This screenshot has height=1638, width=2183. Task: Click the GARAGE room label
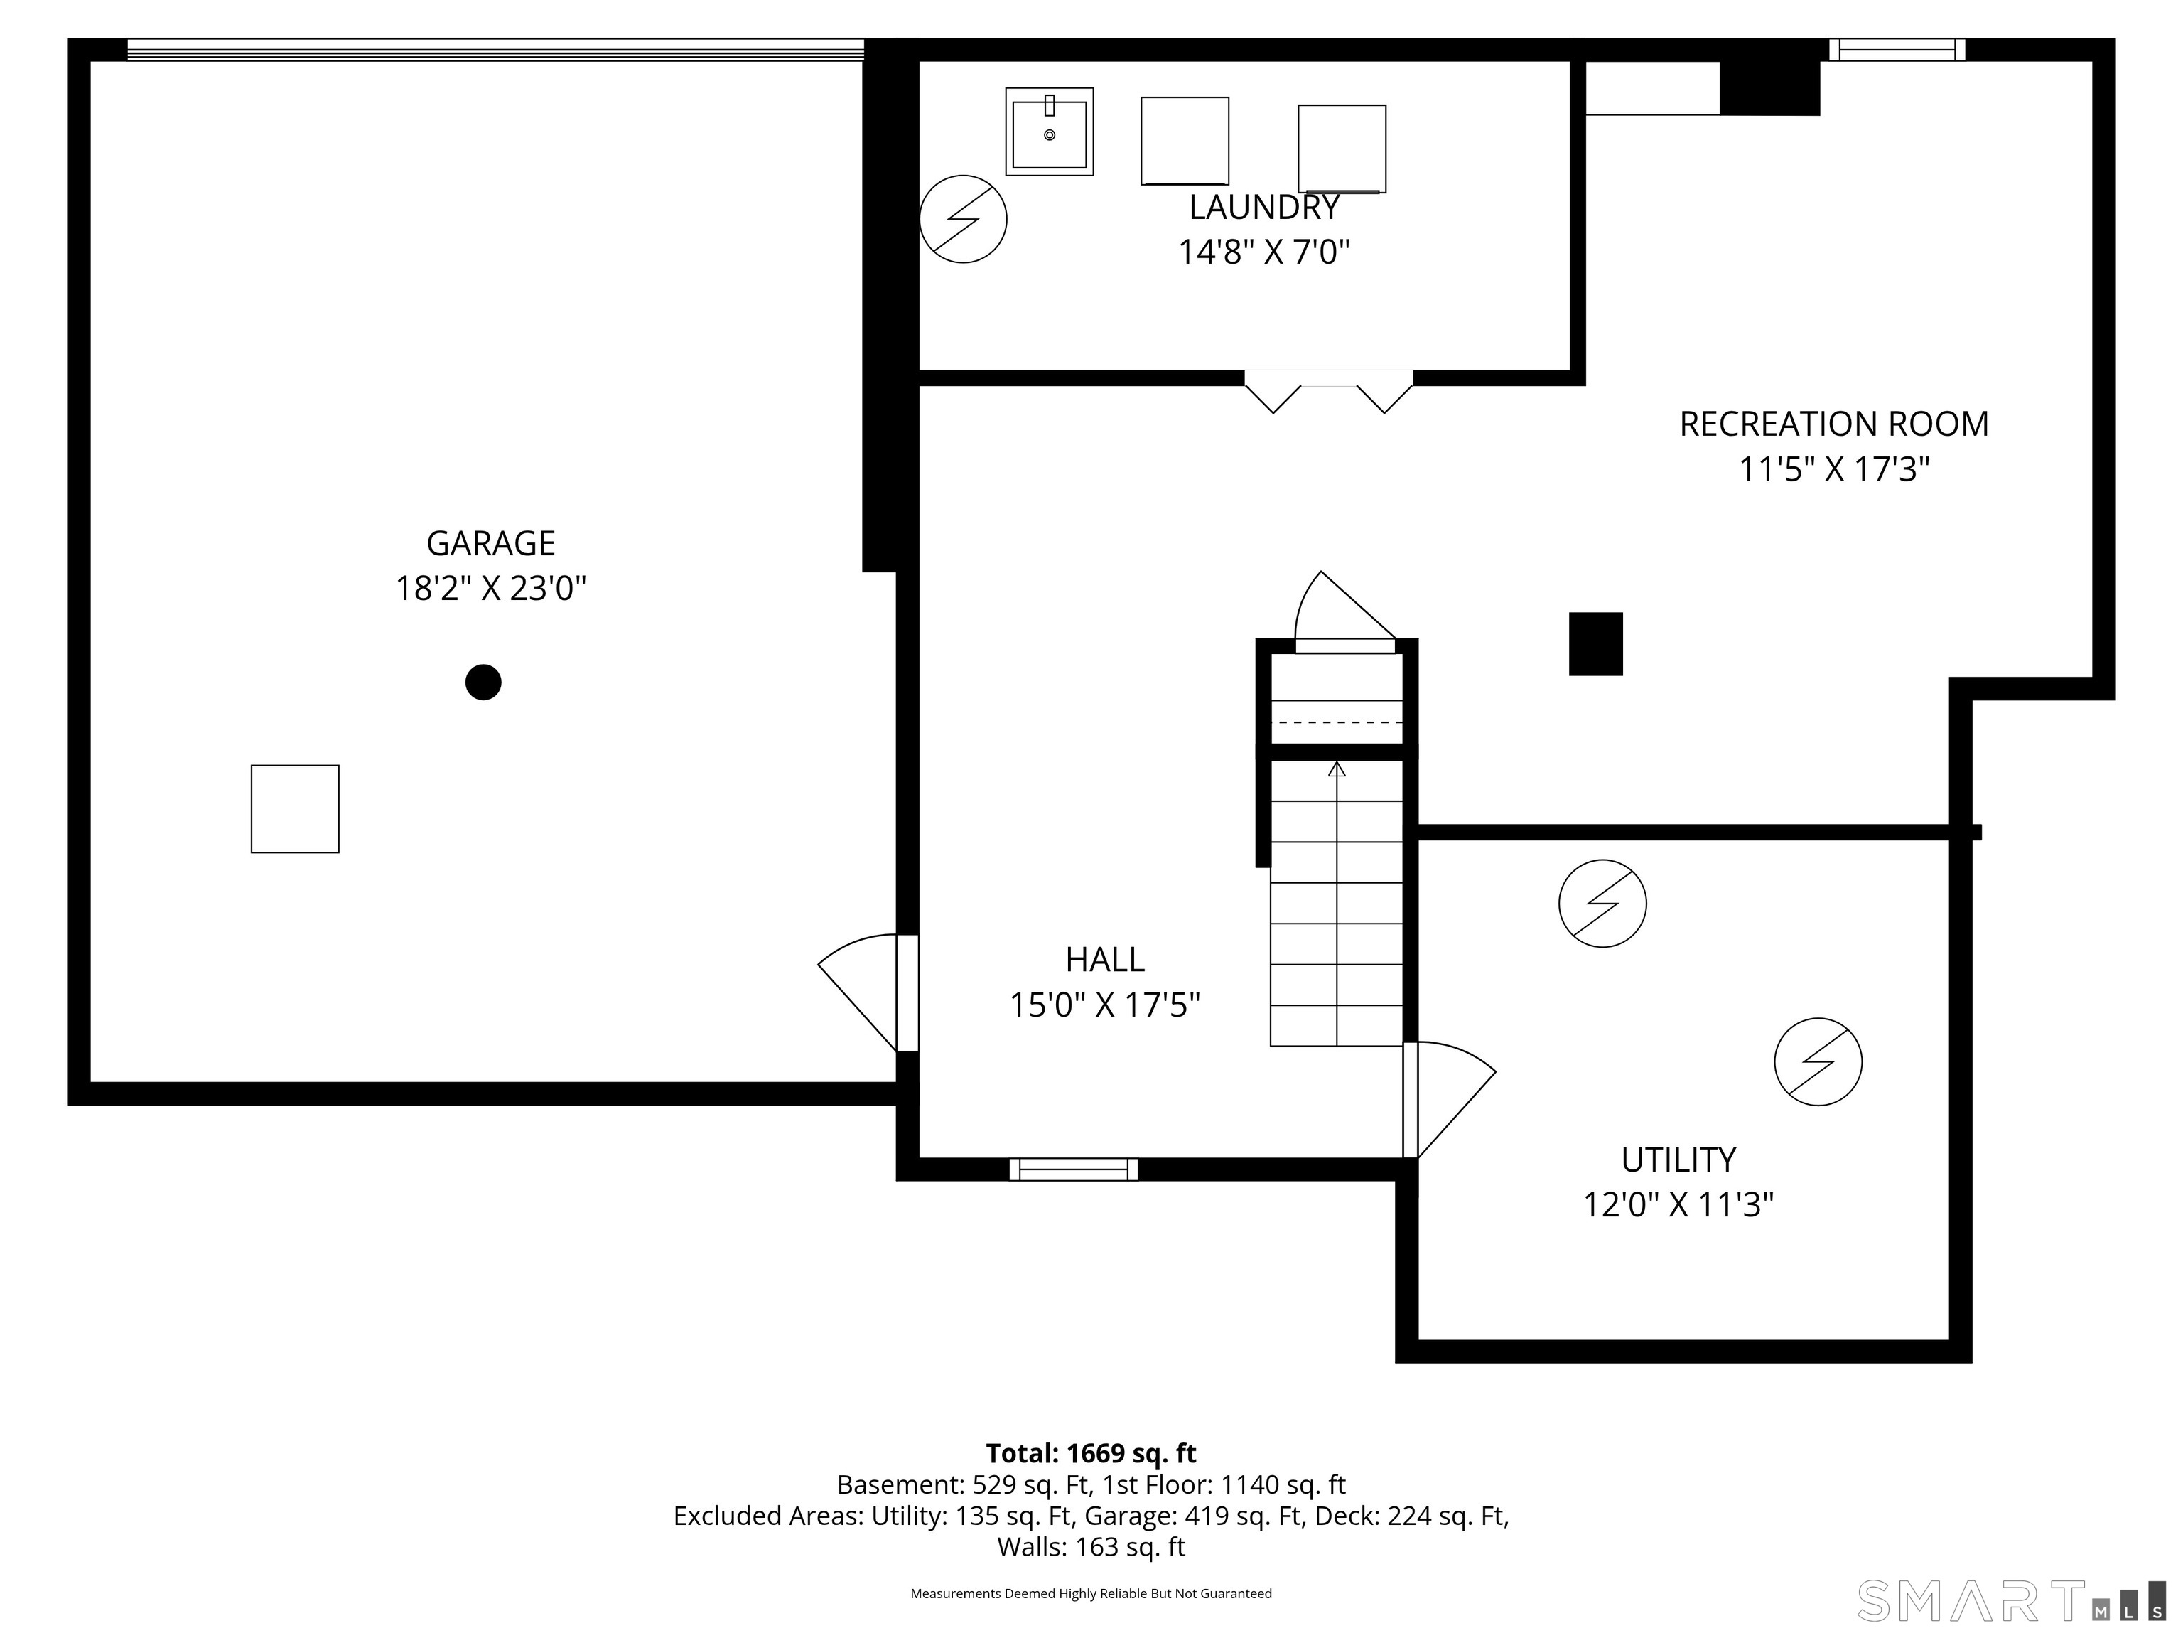(490, 543)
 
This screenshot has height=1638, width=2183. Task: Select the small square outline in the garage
(295, 808)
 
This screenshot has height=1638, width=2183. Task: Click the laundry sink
(1049, 132)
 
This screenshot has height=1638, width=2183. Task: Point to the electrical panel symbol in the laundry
(963, 219)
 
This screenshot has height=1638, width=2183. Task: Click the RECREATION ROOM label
(1833, 424)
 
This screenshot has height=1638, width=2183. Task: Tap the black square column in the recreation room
(1596, 643)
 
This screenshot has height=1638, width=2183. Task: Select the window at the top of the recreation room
(1897, 49)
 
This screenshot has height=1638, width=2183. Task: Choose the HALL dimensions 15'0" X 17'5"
(1104, 1005)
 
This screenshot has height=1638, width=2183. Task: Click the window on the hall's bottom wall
(1074, 1169)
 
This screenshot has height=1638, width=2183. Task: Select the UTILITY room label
(1678, 1158)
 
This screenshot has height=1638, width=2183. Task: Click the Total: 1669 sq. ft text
(1091, 1453)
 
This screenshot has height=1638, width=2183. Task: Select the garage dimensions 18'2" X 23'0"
(490, 589)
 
